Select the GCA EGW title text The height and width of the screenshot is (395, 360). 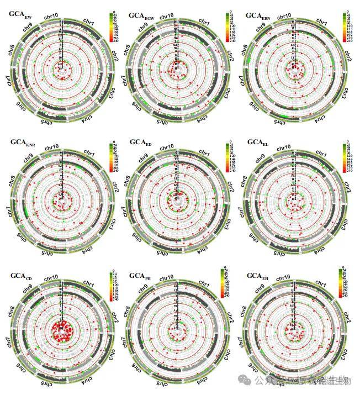tap(142, 16)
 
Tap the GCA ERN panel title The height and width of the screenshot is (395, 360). tap(260, 15)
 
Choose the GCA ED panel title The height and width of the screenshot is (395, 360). tap(140, 143)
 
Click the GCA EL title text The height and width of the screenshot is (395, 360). tap(257, 143)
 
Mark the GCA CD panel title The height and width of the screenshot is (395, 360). tap(21, 275)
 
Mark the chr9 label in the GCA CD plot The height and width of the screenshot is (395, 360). tap(27, 287)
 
